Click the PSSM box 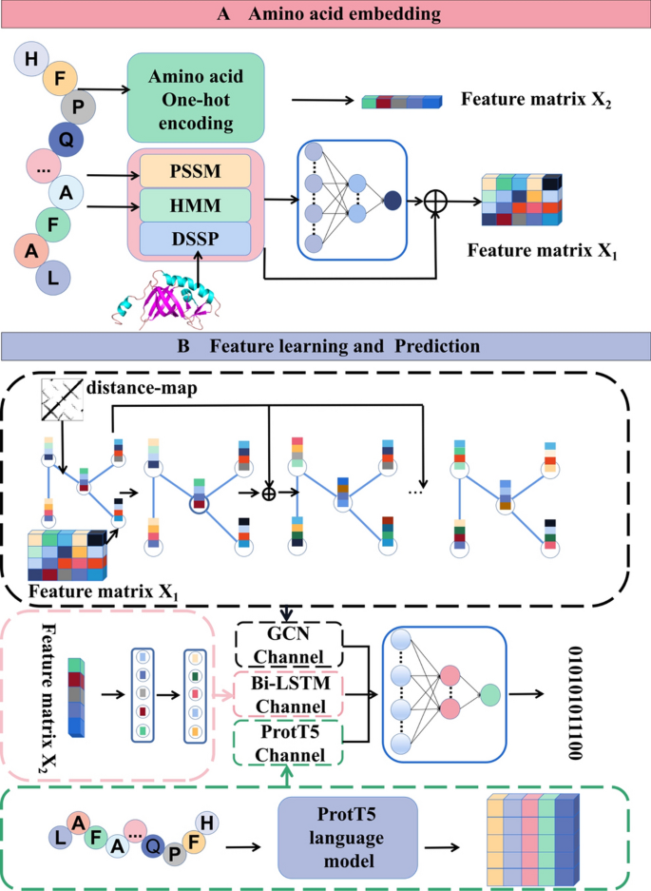195,171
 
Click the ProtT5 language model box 347,837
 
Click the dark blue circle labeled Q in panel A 67,141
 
